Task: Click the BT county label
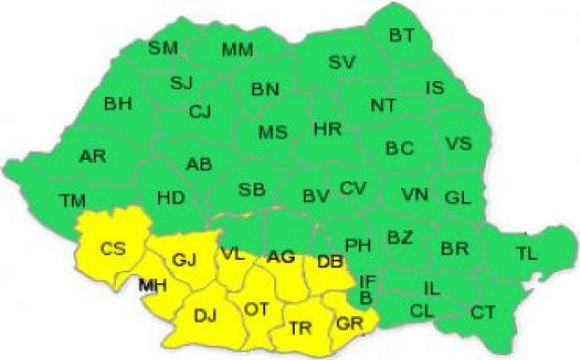(401, 36)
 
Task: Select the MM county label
(237, 50)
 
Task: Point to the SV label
(341, 63)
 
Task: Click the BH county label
(118, 103)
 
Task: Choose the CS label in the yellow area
(113, 248)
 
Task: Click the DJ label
(205, 315)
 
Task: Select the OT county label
(256, 308)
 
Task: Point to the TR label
(299, 327)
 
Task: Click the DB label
(328, 262)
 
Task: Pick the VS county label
(457, 144)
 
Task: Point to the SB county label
(251, 190)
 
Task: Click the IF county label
(368, 280)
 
